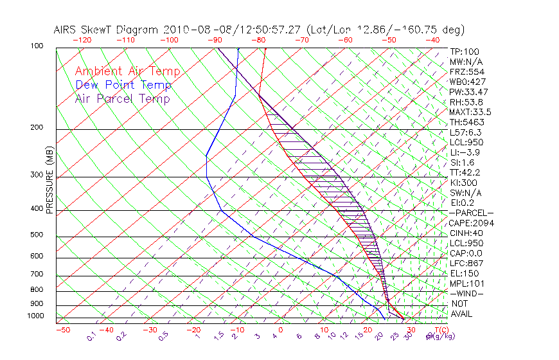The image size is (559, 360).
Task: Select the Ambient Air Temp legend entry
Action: (127, 72)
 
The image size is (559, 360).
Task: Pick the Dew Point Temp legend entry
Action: (123, 85)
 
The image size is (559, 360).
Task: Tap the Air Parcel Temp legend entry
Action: (122, 99)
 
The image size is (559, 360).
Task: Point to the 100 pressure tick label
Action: (37, 46)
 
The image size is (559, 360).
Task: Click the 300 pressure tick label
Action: (37, 175)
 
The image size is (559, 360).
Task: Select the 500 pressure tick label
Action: (37, 235)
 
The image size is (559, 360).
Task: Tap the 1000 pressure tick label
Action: (35, 316)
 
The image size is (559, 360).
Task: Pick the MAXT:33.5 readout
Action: (470, 112)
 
